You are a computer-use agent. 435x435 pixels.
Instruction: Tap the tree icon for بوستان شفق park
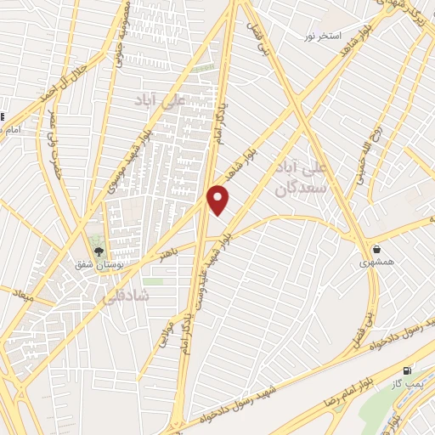tap(99, 251)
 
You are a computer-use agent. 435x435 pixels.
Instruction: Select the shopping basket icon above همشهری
tap(376, 250)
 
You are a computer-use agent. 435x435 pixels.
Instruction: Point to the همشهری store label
tap(376, 263)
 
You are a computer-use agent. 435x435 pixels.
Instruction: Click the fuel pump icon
tap(408, 370)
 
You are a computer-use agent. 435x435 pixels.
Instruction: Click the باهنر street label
tap(171, 252)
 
